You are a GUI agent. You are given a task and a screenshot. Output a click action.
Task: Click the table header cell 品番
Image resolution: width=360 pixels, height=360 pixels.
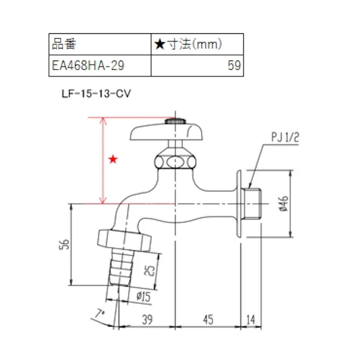(x=64, y=44)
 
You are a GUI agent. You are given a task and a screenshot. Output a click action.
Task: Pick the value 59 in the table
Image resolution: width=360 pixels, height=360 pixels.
(x=234, y=66)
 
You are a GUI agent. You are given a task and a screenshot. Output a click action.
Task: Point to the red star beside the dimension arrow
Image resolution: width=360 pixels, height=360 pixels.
(x=113, y=160)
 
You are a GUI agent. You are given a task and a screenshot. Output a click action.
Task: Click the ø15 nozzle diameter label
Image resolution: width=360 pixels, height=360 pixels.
(x=143, y=297)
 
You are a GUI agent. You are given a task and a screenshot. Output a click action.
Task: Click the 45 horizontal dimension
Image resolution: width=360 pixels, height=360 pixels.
(x=208, y=320)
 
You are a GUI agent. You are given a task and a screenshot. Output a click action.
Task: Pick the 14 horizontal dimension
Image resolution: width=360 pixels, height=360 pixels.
(x=251, y=320)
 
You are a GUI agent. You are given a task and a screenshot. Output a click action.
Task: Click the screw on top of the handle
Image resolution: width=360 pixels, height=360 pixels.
(x=175, y=121)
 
